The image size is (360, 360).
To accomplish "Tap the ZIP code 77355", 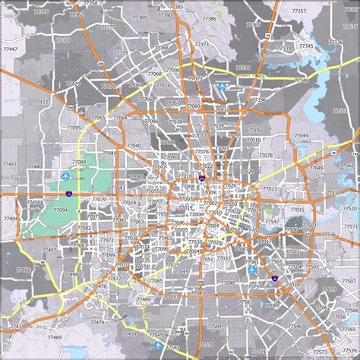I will [x=41, y=13].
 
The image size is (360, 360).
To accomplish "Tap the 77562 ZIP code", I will [x=346, y=164].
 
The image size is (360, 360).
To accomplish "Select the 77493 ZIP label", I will [x=11, y=164].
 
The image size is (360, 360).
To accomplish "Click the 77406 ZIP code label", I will [x=24, y=269].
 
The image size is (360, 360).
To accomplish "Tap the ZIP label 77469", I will [x=54, y=336].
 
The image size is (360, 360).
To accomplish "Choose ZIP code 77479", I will [x=97, y=323].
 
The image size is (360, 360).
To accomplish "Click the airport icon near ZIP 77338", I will [x=223, y=87].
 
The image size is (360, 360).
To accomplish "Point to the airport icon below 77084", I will [x=63, y=177].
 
